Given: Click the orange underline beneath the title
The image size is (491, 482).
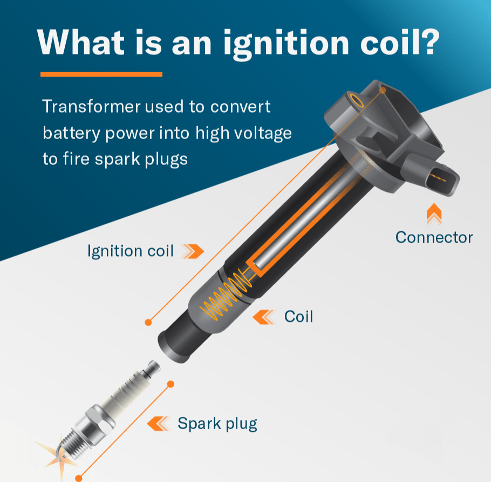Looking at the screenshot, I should pyautogui.click(x=101, y=74).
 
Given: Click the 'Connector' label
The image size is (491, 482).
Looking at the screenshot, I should pyautogui.click(x=434, y=237).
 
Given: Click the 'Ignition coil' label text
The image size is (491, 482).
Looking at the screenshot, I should pyautogui.click(x=131, y=251).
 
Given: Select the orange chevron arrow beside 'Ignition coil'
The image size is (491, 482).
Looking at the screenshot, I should pyautogui.click(x=193, y=250).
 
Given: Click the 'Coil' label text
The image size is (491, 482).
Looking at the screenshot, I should pyautogui.click(x=298, y=316).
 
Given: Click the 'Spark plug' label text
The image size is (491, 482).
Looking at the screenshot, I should pyautogui.click(x=217, y=424).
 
